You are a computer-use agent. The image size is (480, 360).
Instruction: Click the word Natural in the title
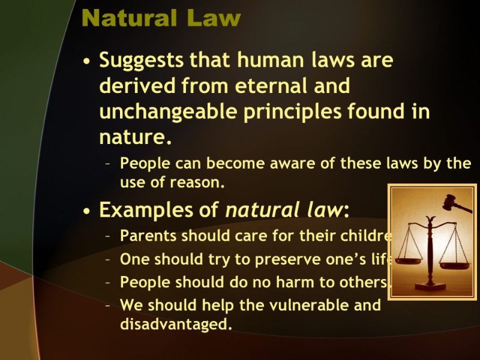point(130,18)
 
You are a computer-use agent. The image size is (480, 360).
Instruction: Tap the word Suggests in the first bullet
point(141,61)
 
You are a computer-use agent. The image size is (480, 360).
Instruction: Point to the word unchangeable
point(169,112)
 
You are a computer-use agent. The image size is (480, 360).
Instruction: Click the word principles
point(292,112)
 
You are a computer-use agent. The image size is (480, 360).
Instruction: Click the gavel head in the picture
point(449,202)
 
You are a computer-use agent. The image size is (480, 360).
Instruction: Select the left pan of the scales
point(408,261)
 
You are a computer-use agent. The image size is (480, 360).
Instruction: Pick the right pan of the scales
point(455,265)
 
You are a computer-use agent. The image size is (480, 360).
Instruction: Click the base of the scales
point(430,287)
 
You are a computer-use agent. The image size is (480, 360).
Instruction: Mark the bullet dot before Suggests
point(87,61)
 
